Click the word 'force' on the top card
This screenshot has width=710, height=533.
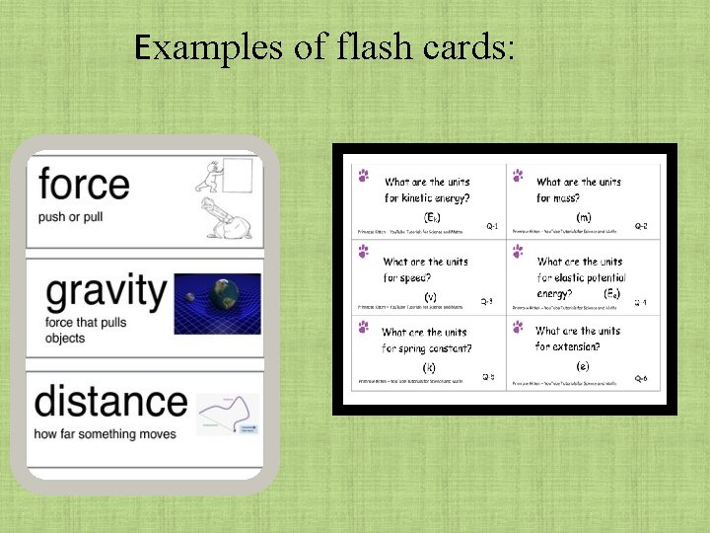(84, 185)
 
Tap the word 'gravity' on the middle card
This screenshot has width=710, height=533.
(107, 291)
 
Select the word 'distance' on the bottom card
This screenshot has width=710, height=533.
(110, 402)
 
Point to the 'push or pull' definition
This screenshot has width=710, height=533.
(71, 216)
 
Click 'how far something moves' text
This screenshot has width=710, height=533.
(105, 434)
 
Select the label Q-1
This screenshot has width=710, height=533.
(492, 226)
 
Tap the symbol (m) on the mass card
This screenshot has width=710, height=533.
(584, 216)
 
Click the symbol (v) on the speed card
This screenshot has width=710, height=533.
(430, 296)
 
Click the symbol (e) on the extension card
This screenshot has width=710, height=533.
(584, 366)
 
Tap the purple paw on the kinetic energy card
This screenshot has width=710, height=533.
(364, 176)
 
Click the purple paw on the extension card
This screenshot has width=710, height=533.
(517, 326)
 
